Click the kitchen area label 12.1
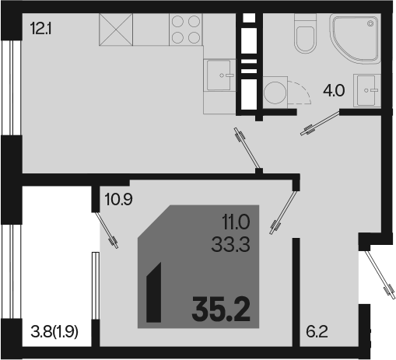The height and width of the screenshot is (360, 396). (41, 29)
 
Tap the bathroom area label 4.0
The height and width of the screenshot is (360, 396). (334, 91)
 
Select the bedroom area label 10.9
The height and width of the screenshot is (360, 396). (118, 200)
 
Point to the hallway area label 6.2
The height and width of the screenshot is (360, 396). (317, 332)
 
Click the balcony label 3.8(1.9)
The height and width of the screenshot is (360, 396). (54, 332)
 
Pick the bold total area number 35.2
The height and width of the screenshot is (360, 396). (221, 309)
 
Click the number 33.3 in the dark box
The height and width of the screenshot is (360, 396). (230, 245)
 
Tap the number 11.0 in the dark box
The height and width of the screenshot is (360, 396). (236, 222)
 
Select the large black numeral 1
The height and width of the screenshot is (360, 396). (154, 292)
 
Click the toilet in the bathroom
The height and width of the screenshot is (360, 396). (306, 33)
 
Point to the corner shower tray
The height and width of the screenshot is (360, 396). (355, 38)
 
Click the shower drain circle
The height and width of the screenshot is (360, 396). (370, 24)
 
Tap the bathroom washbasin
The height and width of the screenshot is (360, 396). (366, 90)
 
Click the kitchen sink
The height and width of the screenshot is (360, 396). (220, 75)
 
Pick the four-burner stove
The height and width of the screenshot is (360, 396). (186, 30)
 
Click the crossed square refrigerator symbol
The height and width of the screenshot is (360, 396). (116, 30)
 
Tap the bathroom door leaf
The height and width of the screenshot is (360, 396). (320, 123)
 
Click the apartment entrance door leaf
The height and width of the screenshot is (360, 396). (380, 274)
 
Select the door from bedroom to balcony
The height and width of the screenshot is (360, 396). (107, 230)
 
